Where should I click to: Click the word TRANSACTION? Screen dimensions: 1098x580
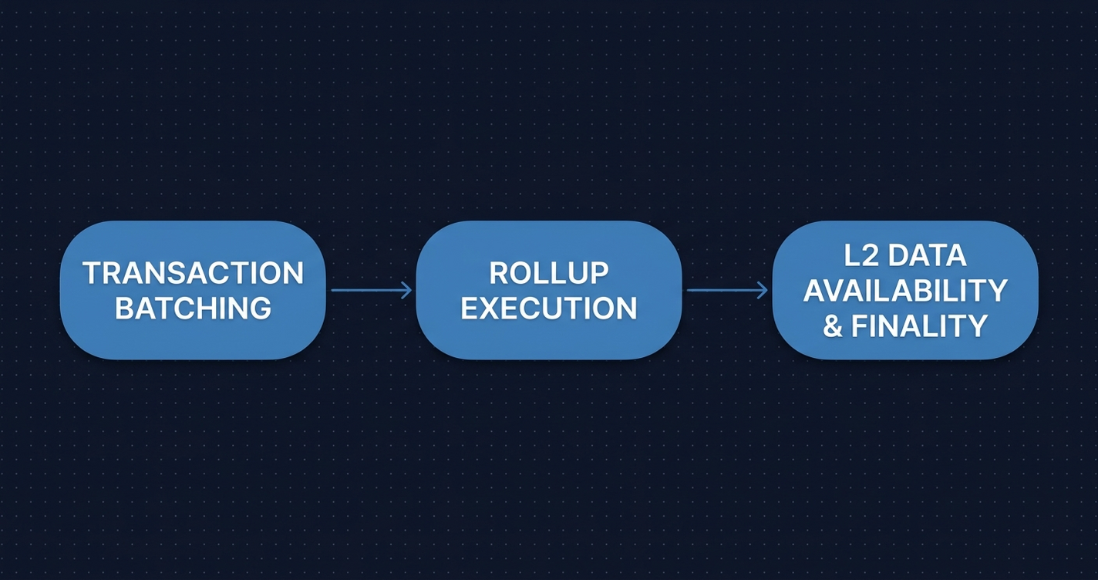point(193,272)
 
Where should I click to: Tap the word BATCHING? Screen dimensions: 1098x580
point(193,308)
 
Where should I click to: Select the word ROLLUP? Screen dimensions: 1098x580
point(549,272)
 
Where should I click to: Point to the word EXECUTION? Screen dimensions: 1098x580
point(549,308)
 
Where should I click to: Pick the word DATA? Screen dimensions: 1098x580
point(928,255)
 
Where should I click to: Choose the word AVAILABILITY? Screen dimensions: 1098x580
point(905,291)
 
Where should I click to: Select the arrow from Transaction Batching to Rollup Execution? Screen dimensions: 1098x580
point(372,290)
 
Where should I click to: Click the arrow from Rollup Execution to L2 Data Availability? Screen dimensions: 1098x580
point(727,290)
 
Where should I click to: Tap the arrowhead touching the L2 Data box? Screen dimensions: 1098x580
point(763,290)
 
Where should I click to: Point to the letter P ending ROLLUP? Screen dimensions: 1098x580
point(599,272)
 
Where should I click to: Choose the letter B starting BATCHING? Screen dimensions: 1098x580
point(125,308)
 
